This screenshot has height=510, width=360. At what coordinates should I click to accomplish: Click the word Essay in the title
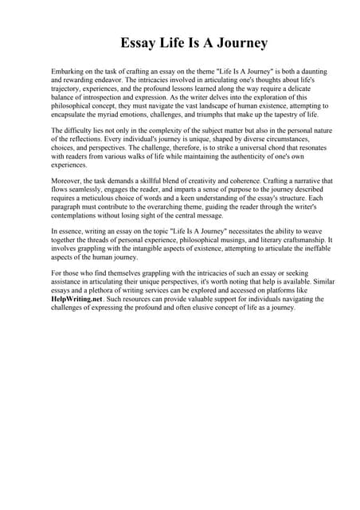(138, 42)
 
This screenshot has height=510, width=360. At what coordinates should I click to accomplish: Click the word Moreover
(67, 181)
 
